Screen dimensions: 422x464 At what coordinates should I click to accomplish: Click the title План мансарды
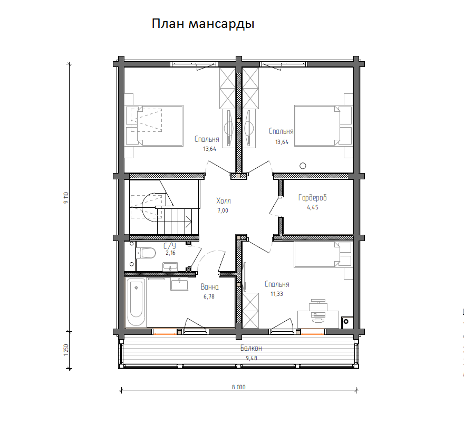click(x=203, y=24)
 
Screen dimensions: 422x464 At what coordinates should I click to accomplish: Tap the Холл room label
click(x=224, y=201)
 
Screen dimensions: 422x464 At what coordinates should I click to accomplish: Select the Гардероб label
click(x=312, y=198)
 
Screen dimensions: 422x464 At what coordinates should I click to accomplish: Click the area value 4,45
click(x=312, y=207)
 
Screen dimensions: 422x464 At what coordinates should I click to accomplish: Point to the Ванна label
click(x=209, y=287)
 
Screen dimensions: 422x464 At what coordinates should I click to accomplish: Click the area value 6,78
click(x=209, y=296)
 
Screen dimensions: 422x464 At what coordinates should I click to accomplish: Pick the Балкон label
click(x=251, y=348)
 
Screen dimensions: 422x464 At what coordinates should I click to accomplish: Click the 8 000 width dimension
click(x=238, y=387)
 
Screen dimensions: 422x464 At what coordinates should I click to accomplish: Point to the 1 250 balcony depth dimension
click(x=67, y=350)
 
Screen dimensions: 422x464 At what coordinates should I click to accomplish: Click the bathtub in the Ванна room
click(x=136, y=302)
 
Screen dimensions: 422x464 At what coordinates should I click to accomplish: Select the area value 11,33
click(x=276, y=294)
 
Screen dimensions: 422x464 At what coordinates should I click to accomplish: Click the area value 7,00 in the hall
click(x=224, y=210)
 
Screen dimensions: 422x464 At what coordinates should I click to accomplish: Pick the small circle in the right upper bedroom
click(x=303, y=165)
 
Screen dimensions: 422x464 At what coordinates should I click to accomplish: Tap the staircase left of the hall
click(x=163, y=208)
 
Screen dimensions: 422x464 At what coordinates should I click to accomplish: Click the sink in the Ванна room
click(x=179, y=284)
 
